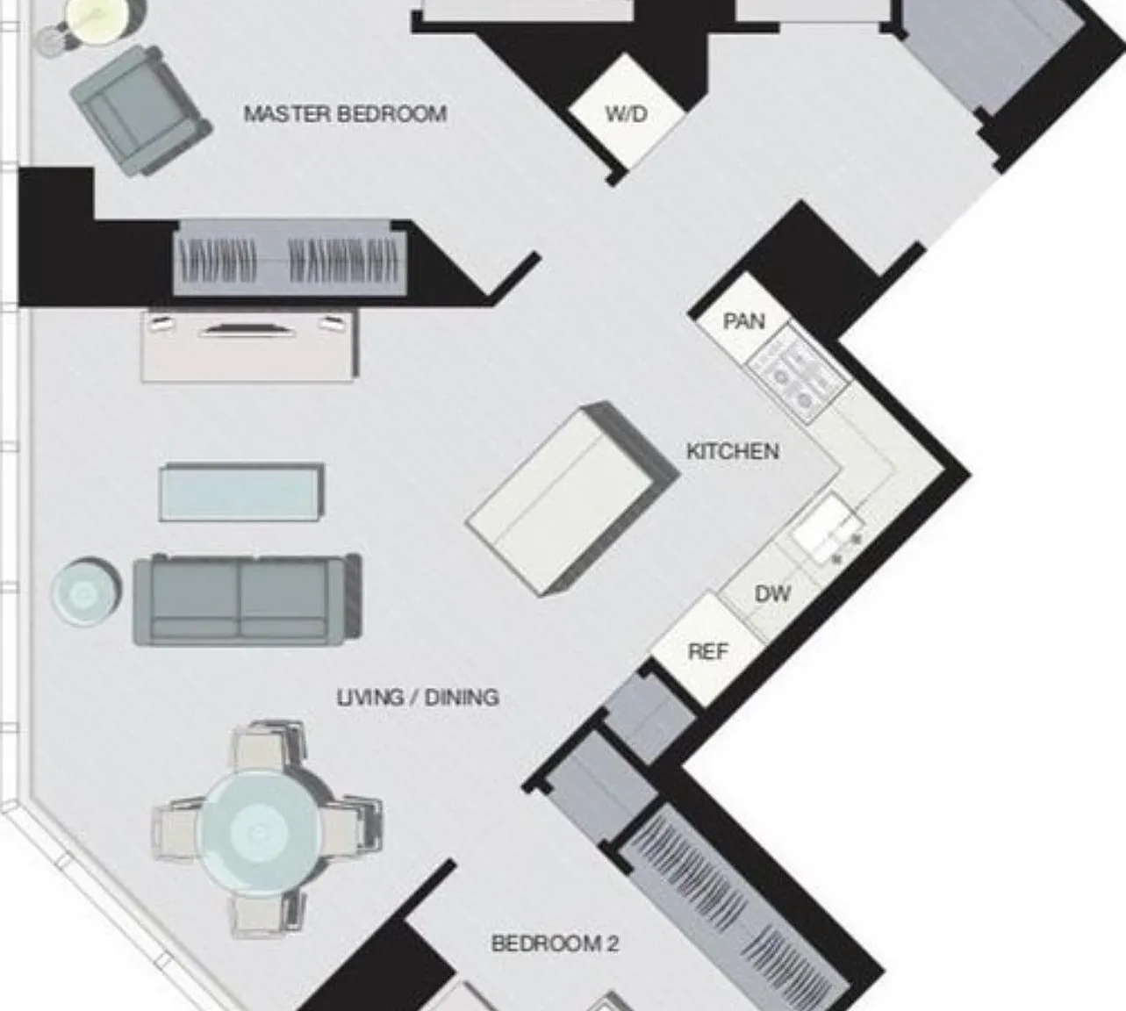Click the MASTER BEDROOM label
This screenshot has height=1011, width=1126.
point(345,114)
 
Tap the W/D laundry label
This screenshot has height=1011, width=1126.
point(627,114)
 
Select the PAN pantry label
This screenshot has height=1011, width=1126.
point(744,320)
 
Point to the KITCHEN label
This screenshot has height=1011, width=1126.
point(733,451)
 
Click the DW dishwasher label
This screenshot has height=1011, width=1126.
point(772,594)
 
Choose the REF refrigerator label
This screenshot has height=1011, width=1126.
point(708,651)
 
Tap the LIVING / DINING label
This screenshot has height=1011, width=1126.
point(418,697)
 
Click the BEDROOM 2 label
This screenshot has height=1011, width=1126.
point(555,943)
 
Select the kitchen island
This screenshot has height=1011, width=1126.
point(572,498)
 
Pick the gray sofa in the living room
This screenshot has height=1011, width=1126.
point(247,599)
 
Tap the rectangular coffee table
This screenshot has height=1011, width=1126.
point(242,491)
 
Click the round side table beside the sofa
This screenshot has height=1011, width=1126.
point(85,592)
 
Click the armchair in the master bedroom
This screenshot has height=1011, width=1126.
point(141,111)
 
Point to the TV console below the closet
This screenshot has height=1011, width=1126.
point(249,345)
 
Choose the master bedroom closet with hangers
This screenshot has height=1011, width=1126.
point(290,257)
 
